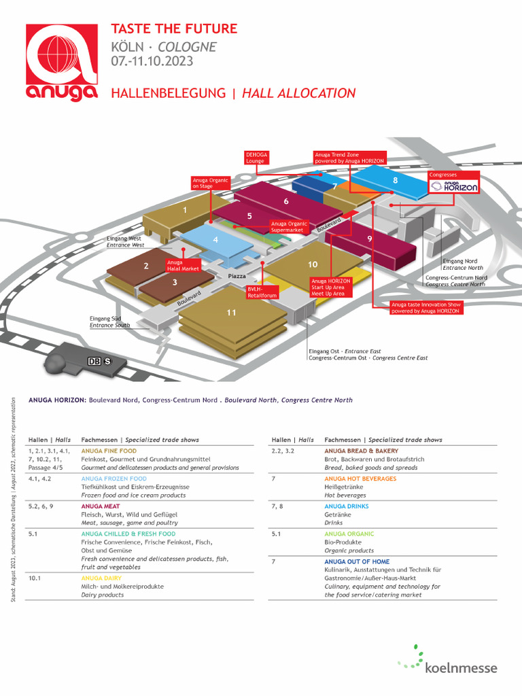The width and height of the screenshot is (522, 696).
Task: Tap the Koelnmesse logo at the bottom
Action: tap(448, 661)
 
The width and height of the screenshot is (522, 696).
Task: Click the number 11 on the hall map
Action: tap(232, 312)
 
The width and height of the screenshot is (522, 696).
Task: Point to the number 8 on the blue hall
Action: tap(395, 181)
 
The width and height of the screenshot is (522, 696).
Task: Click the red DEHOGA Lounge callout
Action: tap(256, 158)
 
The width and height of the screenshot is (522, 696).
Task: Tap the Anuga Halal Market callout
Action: tap(184, 265)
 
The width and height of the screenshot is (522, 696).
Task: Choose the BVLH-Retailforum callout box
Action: tap(262, 292)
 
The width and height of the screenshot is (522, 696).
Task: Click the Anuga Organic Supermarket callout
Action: tap(290, 226)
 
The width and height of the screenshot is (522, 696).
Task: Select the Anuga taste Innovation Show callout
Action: tap(426, 308)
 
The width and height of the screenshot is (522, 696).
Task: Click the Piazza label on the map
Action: tap(237, 276)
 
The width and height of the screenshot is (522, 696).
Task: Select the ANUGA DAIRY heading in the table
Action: tap(101, 578)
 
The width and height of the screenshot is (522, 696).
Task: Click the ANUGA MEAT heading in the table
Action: tap(101, 506)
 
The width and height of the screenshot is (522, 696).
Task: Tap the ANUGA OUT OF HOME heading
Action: tap(357, 561)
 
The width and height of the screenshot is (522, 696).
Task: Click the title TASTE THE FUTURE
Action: tap(174, 29)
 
